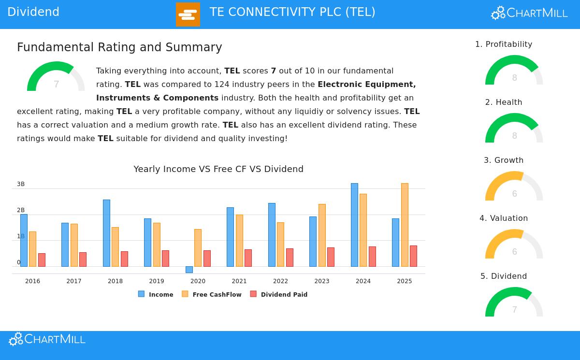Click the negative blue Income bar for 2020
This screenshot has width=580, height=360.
189,270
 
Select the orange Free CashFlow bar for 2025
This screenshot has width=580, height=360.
405,225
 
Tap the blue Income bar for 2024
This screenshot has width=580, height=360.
354,225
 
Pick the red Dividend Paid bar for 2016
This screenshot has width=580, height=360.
42,260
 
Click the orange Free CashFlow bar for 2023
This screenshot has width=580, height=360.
322,235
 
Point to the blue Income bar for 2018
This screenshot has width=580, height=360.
106,233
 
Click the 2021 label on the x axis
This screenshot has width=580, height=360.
239,281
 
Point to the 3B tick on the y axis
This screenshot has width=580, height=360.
21,184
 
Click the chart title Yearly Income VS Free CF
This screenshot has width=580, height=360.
218,169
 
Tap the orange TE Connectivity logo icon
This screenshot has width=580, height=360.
188,14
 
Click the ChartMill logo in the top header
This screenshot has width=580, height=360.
529,13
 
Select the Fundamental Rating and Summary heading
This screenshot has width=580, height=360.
119,47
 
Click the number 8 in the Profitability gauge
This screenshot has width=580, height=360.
514,78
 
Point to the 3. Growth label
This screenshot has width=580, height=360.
504,160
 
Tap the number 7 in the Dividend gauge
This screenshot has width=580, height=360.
514,310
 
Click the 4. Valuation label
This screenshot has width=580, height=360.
504,218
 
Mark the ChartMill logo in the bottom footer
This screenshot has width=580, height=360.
47,339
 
